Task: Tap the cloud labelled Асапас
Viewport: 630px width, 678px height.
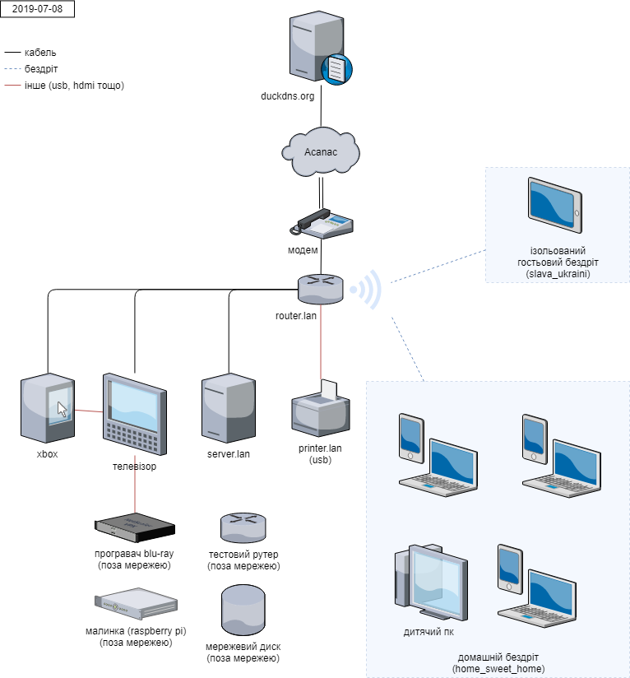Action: pos(321,151)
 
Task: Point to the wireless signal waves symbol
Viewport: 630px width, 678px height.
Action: pos(367,290)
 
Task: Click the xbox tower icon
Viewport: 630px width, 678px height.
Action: pos(47,408)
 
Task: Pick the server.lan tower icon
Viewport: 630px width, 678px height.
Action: pos(228,408)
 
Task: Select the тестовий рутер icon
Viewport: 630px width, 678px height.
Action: pos(243,527)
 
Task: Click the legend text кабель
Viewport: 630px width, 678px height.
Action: pos(40,53)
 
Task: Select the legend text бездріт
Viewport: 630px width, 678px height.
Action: pos(41,69)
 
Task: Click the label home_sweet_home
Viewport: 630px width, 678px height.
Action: pos(498,669)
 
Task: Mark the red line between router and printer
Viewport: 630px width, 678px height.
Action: pos(321,346)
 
